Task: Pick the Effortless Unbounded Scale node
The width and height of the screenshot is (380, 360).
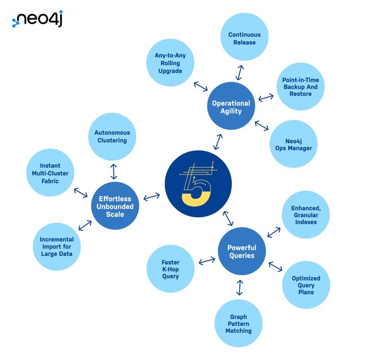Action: click(115, 205)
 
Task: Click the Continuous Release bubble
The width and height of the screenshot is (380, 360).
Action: click(244, 38)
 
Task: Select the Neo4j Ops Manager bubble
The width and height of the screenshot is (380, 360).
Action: click(294, 144)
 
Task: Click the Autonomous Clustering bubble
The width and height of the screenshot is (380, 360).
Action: click(111, 136)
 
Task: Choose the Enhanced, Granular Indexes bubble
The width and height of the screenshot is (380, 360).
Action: click(305, 214)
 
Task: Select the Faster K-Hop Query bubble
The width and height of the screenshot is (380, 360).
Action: click(170, 268)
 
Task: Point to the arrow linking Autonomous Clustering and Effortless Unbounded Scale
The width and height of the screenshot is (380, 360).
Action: click(113, 170)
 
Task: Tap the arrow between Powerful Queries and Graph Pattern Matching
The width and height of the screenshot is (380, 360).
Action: click(239, 287)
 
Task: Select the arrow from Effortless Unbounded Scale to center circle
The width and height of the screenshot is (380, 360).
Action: click(151, 197)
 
